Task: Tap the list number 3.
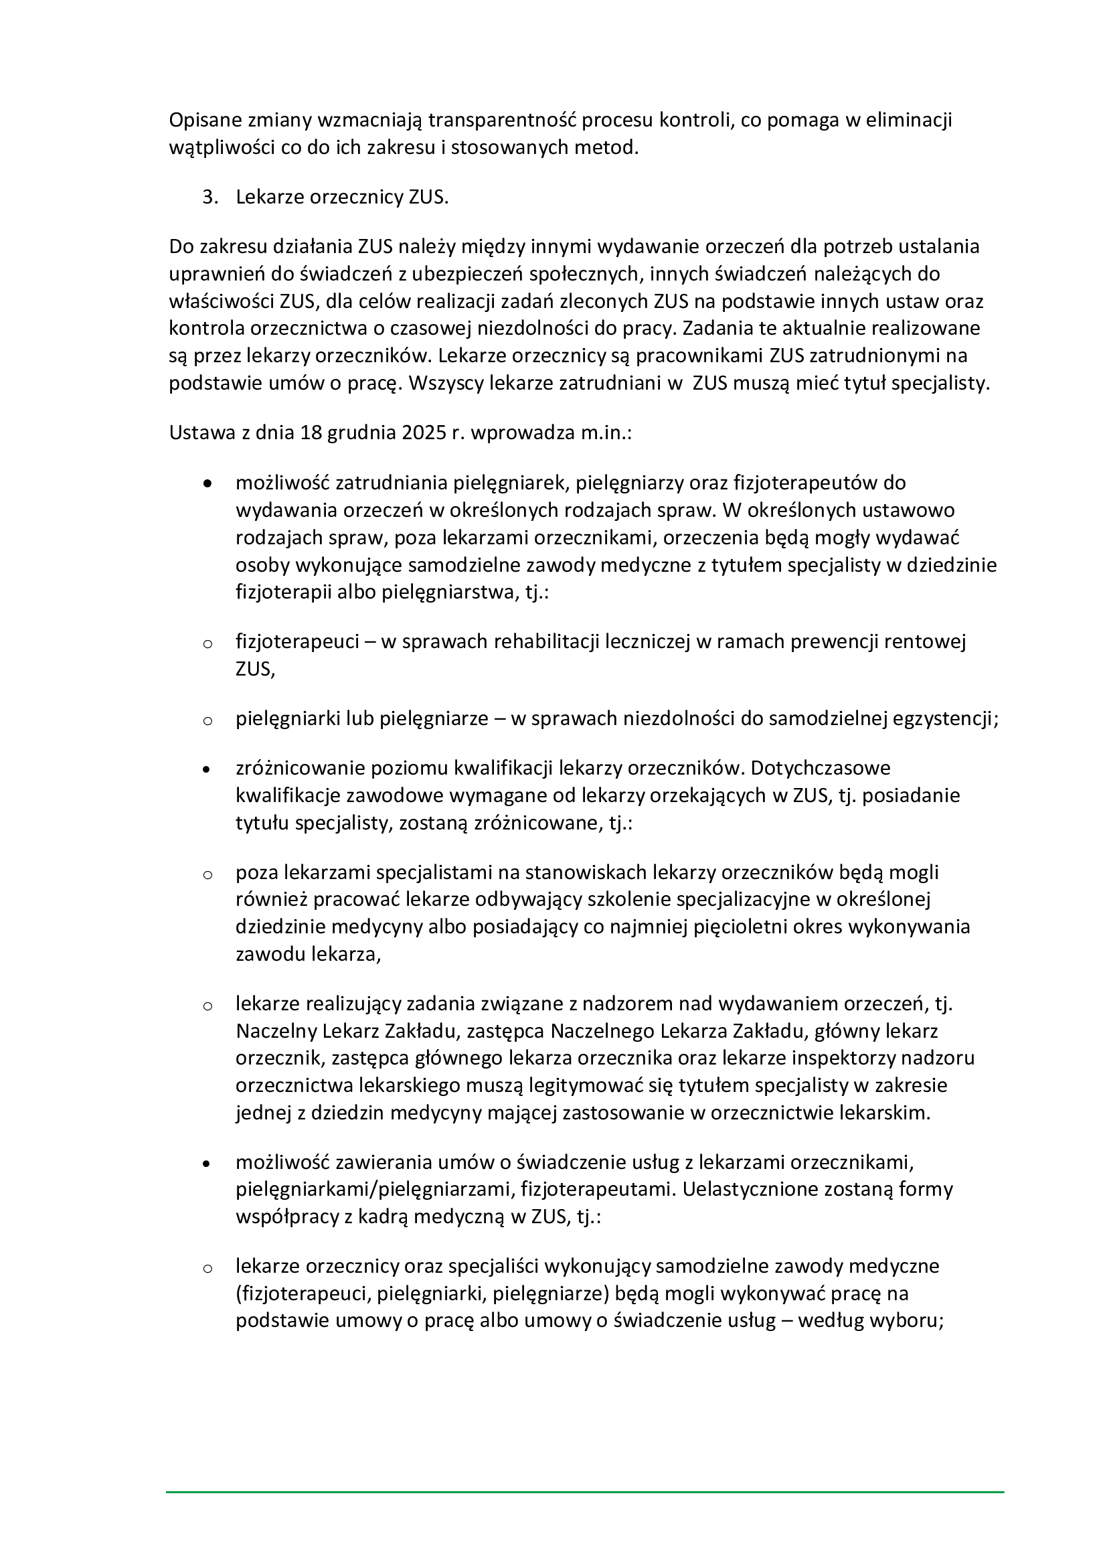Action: point(210,197)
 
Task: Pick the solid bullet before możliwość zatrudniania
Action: point(208,483)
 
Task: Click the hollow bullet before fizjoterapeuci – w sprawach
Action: point(208,643)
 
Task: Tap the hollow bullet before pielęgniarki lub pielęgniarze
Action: point(208,720)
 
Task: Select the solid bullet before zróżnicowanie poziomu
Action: point(208,769)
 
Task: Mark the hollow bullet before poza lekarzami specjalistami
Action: point(208,874)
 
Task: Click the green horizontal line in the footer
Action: point(585,1493)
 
